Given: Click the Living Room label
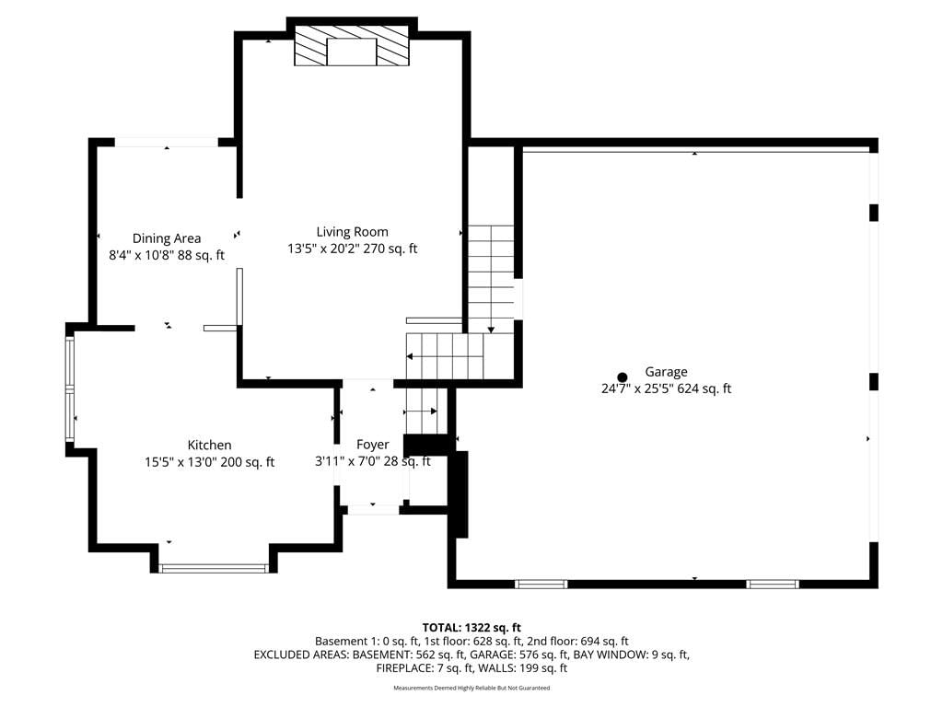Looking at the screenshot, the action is coord(352,231).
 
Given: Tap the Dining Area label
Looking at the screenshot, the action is coord(167,238).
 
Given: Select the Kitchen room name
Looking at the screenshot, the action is coord(209,445).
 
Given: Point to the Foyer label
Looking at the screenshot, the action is coord(372,445).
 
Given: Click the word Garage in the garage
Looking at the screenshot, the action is coord(666,372).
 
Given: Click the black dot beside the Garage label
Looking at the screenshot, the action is coord(623,377).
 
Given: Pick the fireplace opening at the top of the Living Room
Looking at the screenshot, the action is coord(352,52).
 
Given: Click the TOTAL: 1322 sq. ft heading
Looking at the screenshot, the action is coord(471,628).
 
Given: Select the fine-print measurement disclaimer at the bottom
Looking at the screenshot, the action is coord(471,688).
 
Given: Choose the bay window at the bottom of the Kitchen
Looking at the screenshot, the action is coord(214,567).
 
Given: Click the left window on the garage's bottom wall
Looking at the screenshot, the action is coord(541,584).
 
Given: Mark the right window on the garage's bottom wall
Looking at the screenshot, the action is coord(773,584).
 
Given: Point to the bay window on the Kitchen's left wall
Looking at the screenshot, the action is coord(70,389).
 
